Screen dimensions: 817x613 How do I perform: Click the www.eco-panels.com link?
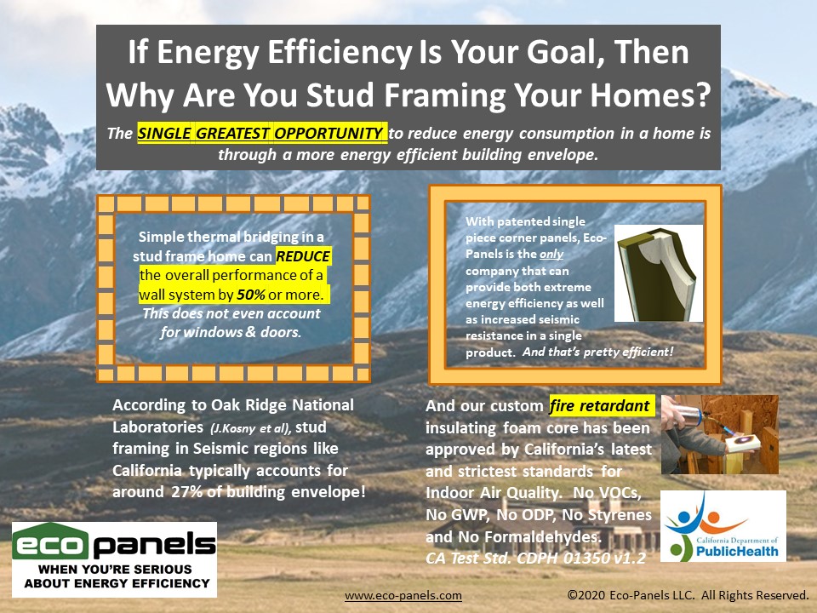(403, 595)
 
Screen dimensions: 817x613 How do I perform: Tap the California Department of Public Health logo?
(723, 526)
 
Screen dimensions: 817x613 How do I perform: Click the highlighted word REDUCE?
(303, 256)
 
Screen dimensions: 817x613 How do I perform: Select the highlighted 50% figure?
(250, 295)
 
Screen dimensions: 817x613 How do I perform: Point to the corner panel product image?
(659, 273)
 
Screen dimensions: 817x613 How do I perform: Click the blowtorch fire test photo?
(720, 434)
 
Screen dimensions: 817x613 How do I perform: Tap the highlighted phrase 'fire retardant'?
(600, 405)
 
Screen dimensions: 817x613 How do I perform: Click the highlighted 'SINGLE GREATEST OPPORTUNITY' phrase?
(260, 134)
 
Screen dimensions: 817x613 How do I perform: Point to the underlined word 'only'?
(551, 255)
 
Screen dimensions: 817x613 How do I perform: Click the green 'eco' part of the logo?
(50, 542)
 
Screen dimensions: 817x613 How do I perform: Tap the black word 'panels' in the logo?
(154, 545)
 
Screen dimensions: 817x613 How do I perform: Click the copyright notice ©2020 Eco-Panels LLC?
(688, 595)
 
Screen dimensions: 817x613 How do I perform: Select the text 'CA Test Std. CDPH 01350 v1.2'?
(535, 558)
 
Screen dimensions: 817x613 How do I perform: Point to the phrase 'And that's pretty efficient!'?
(598, 352)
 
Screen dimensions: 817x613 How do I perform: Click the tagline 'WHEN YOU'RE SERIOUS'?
(115, 570)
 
